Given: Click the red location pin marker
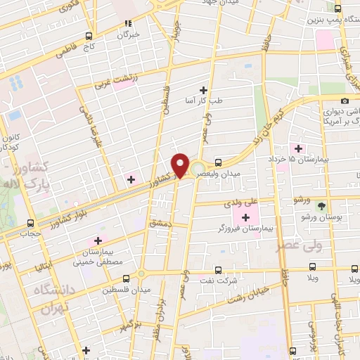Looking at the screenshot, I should [x=181, y=165].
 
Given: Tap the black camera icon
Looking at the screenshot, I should [x=345, y=102].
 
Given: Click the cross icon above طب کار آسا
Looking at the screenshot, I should [x=204, y=89].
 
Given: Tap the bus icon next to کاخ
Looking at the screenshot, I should [x=88, y=36].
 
